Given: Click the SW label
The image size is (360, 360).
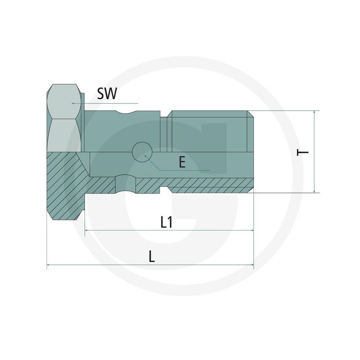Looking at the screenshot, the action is tap(107, 94).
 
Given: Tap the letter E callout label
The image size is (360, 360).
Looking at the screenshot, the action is tap(182, 163).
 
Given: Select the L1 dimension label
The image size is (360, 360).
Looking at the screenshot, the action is tap(166, 222).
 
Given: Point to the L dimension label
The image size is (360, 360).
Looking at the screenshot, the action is tap(151, 256).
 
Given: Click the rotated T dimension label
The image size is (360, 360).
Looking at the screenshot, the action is tap(302, 152).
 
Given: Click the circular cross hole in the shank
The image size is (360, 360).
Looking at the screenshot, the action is tap(142, 152).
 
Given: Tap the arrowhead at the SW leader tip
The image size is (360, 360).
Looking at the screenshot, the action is tap(73, 103).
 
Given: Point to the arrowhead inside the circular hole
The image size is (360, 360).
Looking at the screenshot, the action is tap(145, 156).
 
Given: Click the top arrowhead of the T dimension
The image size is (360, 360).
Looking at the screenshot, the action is tap(314, 112).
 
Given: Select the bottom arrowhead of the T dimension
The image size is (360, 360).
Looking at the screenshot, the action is tap(314, 191).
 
